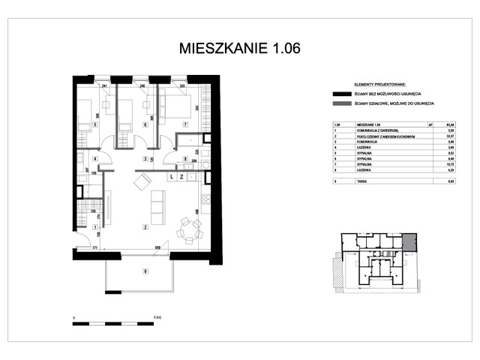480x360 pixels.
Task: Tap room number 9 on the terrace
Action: tap(145, 272)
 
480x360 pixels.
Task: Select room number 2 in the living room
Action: tap(145, 226)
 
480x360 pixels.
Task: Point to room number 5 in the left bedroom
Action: tap(94, 124)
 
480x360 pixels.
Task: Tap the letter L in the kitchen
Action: tap(172, 177)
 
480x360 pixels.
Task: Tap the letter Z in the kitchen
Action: tap(181, 177)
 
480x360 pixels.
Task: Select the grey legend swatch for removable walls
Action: tap(344, 103)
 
